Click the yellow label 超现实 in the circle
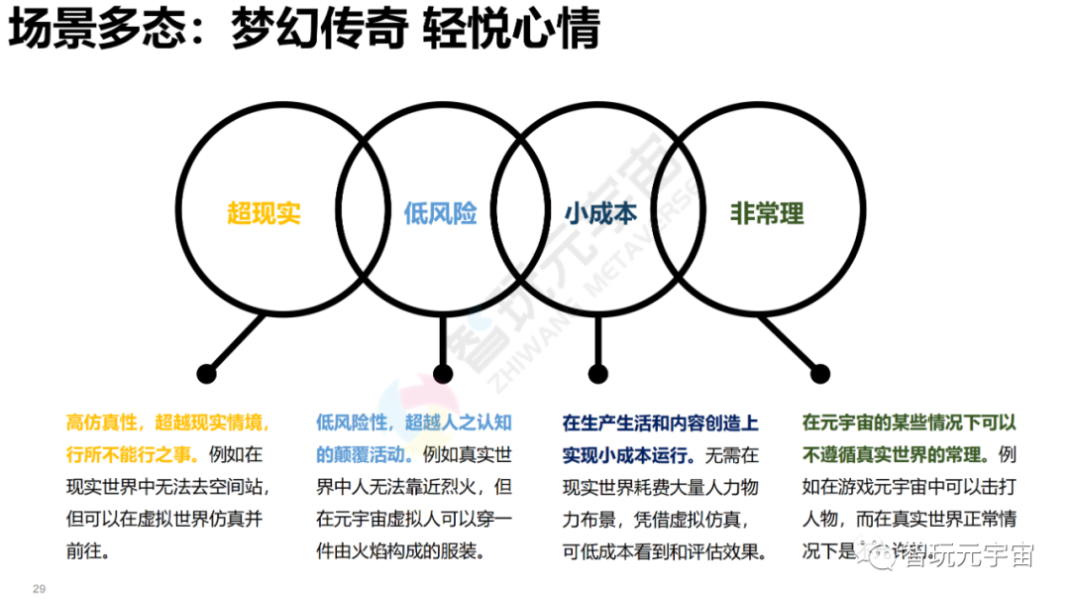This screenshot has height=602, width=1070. click(x=263, y=212)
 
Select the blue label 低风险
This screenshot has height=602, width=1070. click(x=440, y=212)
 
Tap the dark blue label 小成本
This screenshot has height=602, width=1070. click(x=600, y=212)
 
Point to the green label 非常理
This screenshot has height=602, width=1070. click(x=767, y=212)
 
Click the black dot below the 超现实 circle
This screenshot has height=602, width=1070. click(x=206, y=374)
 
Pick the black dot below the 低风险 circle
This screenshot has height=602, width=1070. click(x=443, y=374)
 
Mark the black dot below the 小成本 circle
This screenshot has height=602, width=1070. click(x=597, y=374)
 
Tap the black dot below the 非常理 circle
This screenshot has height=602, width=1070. click(x=820, y=374)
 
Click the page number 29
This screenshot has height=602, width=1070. click(x=40, y=588)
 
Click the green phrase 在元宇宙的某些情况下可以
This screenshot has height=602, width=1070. click(x=909, y=423)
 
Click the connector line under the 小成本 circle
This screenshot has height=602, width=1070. click(x=597, y=342)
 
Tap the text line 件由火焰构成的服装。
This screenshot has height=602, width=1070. click(x=401, y=550)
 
